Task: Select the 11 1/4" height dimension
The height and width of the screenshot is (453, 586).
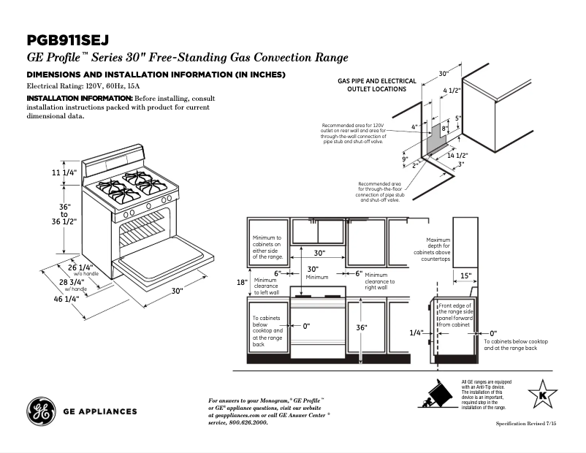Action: click(64, 172)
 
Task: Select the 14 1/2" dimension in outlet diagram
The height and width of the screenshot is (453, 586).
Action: click(457, 156)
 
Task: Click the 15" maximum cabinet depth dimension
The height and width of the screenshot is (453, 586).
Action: click(465, 276)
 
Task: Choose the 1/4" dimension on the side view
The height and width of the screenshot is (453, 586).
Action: click(416, 332)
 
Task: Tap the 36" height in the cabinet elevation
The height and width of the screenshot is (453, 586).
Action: click(361, 328)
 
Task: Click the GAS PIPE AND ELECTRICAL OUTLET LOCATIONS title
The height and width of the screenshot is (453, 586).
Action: click(377, 85)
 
